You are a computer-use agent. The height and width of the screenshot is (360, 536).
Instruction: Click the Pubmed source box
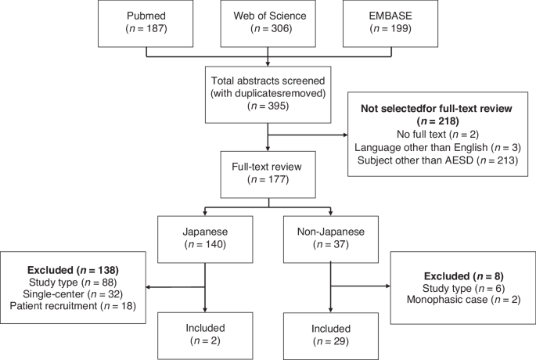pyautogui.click(x=146, y=24)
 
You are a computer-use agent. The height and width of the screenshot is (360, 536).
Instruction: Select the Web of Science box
pyautogui.click(x=268, y=24)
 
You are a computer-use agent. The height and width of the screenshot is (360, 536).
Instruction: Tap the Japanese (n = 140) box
pyautogui.click(x=206, y=239)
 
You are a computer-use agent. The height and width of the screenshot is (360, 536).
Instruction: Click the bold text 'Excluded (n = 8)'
pyautogui.click(x=459, y=276)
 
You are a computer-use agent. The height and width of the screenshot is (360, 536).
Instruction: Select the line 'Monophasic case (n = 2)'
pyautogui.click(x=459, y=301)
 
